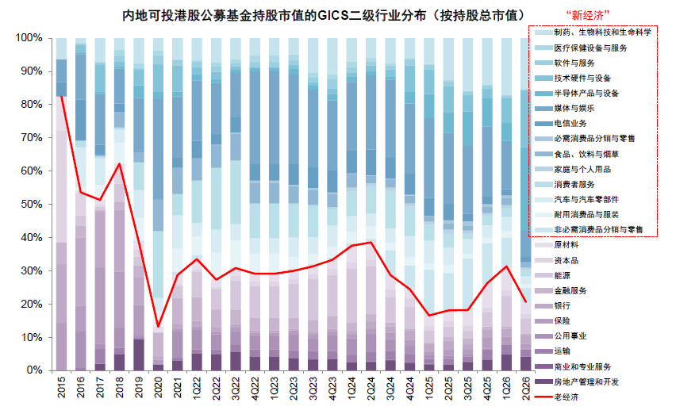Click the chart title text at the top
tap(324, 16)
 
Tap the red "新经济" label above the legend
tap(587, 16)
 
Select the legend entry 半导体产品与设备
tap(586, 93)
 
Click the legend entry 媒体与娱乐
tap(574, 108)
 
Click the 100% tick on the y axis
tap(29, 38)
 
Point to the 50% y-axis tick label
tap(32, 204)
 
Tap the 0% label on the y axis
tap(34, 370)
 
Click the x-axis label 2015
tap(62, 387)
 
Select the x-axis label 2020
tap(158, 387)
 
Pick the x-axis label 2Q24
tap(371, 388)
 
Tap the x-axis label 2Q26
tap(525, 388)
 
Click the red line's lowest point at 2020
tap(158, 327)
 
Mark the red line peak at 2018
tap(120, 163)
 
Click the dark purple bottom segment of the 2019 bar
tap(139, 355)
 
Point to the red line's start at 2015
tap(62, 97)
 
